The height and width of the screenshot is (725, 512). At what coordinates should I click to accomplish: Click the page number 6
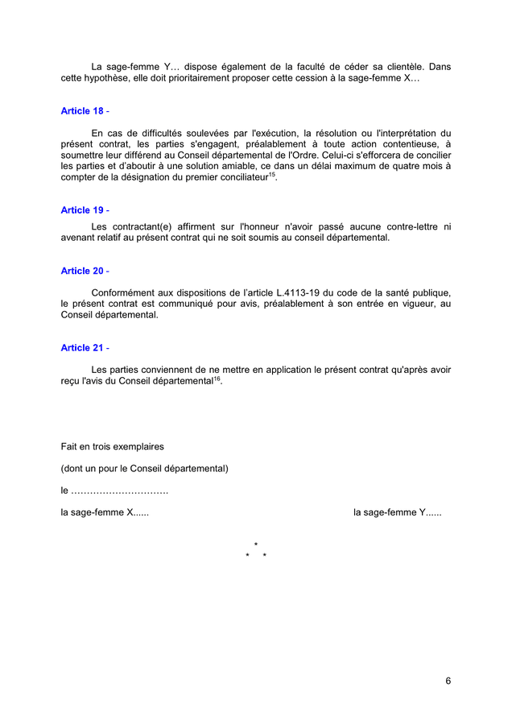coord(448,681)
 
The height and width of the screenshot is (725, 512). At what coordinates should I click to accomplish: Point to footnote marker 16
coord(217,378)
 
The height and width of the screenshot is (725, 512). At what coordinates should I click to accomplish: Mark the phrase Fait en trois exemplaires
coord(113,446)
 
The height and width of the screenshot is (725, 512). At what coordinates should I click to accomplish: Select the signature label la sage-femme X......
coord(105,512)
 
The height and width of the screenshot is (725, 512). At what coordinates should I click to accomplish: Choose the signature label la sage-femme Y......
coord(398,512)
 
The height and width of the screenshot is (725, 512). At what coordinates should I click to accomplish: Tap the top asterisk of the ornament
coord(256,546)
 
